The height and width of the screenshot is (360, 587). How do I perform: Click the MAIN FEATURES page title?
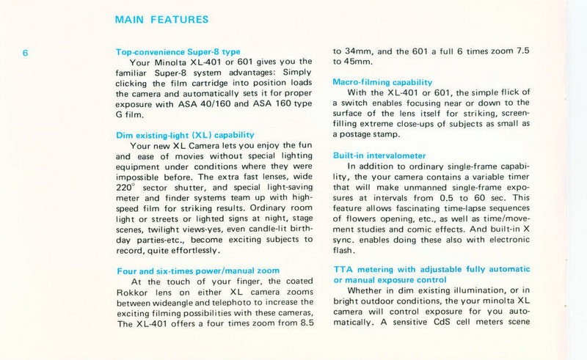161,20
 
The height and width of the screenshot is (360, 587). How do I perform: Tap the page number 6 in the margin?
25,53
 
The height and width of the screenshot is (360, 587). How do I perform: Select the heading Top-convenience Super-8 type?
178,52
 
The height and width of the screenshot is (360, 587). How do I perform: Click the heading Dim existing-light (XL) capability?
186,135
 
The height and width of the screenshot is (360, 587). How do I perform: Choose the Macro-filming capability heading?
382,82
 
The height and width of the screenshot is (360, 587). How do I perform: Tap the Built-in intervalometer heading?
379,155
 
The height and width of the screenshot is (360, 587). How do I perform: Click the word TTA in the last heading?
343,270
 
